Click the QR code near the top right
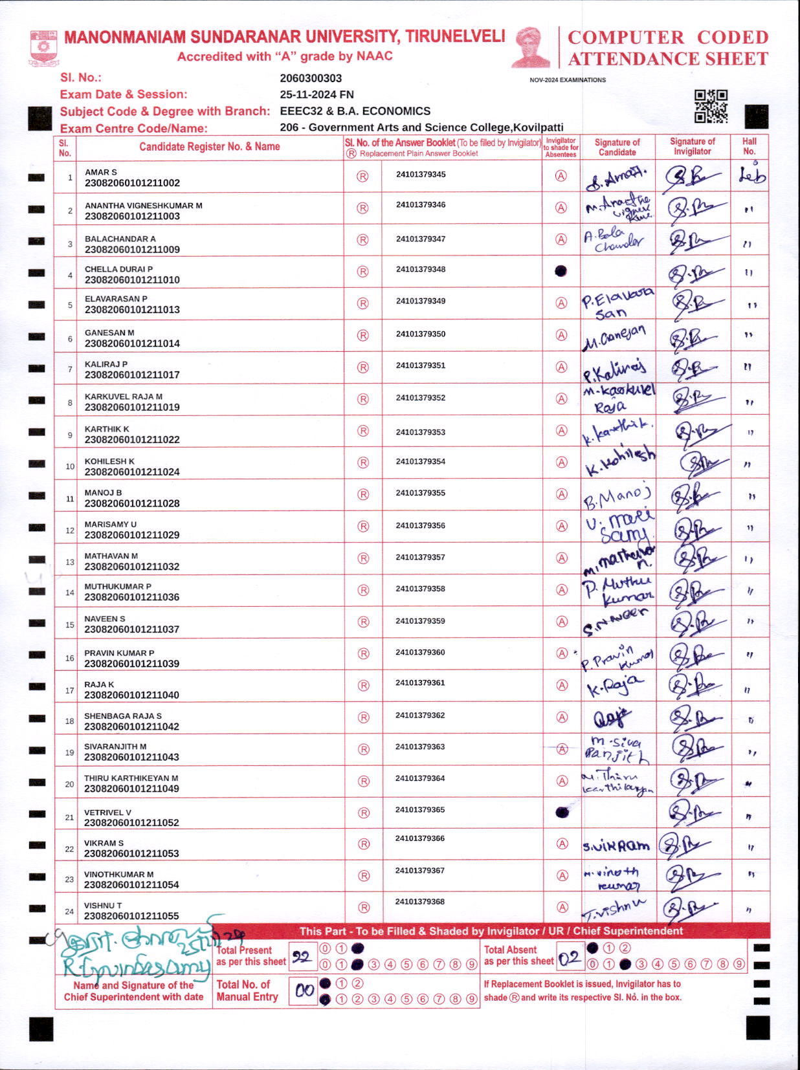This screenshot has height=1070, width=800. click(711, 106)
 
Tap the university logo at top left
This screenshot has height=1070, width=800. click(43, 47)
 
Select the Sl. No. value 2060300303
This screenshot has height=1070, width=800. click(311, 78)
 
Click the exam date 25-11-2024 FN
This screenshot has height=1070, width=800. click(317, 94)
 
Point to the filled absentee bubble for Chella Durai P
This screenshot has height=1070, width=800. click(561, 271)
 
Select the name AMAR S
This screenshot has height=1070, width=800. click(101, 172)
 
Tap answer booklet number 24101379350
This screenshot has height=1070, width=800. click(421, 334)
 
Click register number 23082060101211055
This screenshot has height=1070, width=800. click(131, 916)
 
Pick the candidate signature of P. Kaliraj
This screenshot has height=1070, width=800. click(615, 369)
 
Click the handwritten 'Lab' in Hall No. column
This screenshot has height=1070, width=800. click(751, 175)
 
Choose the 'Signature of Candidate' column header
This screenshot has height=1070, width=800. click(617, 147)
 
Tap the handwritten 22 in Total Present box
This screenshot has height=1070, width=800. click(302, 957)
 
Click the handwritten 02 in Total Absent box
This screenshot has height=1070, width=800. click(570, 959)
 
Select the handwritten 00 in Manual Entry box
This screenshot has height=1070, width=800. click(304, 990)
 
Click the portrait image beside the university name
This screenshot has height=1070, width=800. click(531, 47)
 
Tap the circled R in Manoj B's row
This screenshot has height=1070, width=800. click(363, 495)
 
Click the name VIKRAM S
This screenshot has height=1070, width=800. click(104, 843)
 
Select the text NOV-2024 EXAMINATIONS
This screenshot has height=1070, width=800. click(568, 80)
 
